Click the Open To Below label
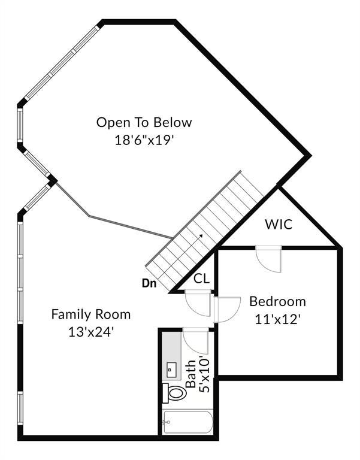click(x=144, y=122)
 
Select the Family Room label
click(x=91, y=314)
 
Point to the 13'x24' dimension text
click(x=91, y=332)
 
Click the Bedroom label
click(x=277, y=301)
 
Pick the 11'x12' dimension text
click(x=277, y=319)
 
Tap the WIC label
click(x=279, y=225)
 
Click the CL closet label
click(x=202, y=279)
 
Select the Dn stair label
click(x=149, y=283)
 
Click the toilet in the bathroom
click(x=174, y=392)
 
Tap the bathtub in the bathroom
click(x=188, y=422)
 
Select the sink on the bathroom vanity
click(x=171, y=370)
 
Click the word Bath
click(x=191, y=374)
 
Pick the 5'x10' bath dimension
click(x=204, y=374)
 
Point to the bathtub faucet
click(x=167, y=422)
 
